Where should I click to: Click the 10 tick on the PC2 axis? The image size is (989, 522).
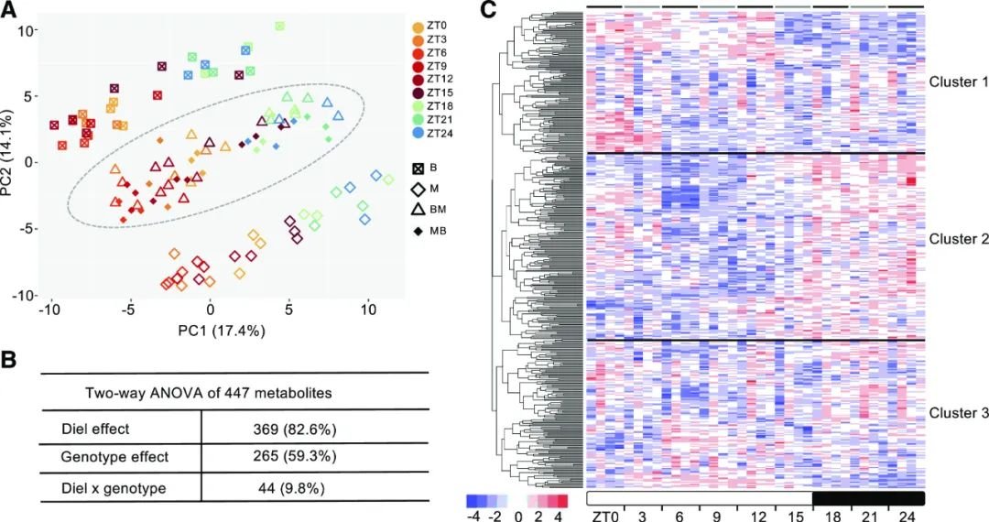tap(27, 30)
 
